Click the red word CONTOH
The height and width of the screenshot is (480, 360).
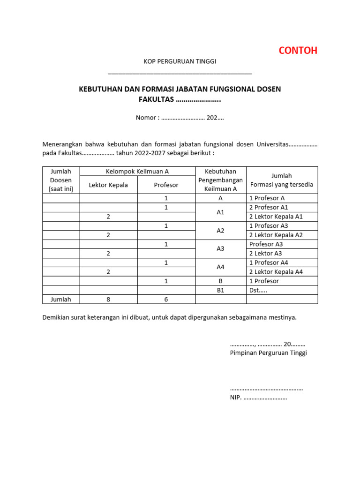(x=298, y=51)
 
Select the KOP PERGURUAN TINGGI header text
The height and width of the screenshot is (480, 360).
(x=180, y=61)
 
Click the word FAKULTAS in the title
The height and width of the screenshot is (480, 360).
(x=156, y=99)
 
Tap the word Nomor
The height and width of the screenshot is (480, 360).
(x=146, y=118)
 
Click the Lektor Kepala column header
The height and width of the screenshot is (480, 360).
(x=108, y=185)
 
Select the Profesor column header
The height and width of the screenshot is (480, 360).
(x=166, y=185)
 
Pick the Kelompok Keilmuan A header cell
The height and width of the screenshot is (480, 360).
(x=137, y=172)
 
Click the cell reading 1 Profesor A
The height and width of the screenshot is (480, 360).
(x=267, y=198)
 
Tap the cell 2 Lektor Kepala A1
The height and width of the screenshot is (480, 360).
(x=276, y=217)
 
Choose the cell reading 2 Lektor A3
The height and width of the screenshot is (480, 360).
(x=265, y=254)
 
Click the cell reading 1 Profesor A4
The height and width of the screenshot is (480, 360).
(x=269, y=262)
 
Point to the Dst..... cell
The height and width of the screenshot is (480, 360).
(x=259, y=290)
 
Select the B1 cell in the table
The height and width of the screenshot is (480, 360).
(x=221, y=290)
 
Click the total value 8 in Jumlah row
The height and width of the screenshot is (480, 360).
(x=108, y=300)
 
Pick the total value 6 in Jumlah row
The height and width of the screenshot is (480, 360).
(x=166, y=300)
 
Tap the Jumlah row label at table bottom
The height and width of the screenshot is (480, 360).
(x=61, y=300)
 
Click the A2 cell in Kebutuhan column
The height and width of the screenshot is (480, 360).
(x=221, y=231)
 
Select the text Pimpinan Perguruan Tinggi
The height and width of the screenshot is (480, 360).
(x=268, y=353)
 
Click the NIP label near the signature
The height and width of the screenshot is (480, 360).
(x=235, y=398)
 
